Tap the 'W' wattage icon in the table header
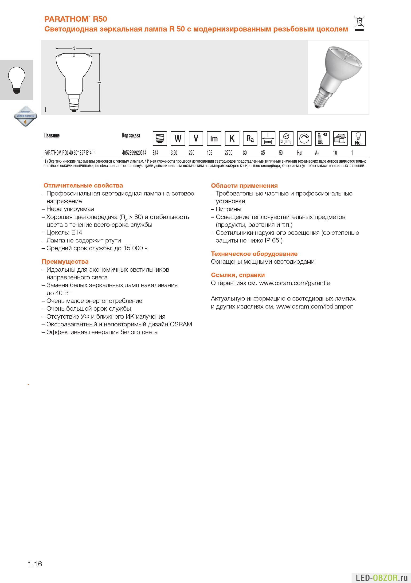point(178,138)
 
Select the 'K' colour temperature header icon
point(232,138)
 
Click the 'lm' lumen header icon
point(214,138)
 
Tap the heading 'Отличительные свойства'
point(83,185)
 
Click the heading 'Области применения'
point(244,186)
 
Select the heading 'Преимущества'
point(65,262)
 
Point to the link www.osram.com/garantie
point(294,283)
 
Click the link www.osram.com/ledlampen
point(315,306)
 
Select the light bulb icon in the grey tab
point(17,80)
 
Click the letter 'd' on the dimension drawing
point(74,48)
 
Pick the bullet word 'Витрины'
point(228,209)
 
